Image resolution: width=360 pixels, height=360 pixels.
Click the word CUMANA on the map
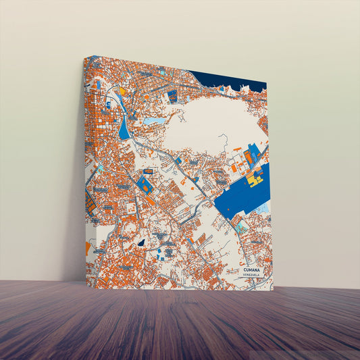(x=254, y=269)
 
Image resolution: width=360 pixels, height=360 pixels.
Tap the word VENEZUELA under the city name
(x=254, y=275)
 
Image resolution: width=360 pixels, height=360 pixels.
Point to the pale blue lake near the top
(x=154, y=121)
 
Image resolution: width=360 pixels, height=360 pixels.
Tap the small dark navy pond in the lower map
(x=141, y=242)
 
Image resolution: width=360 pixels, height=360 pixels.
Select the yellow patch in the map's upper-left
(x=122, y=90)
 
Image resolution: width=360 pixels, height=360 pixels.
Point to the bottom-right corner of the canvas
(x=273, y=290)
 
